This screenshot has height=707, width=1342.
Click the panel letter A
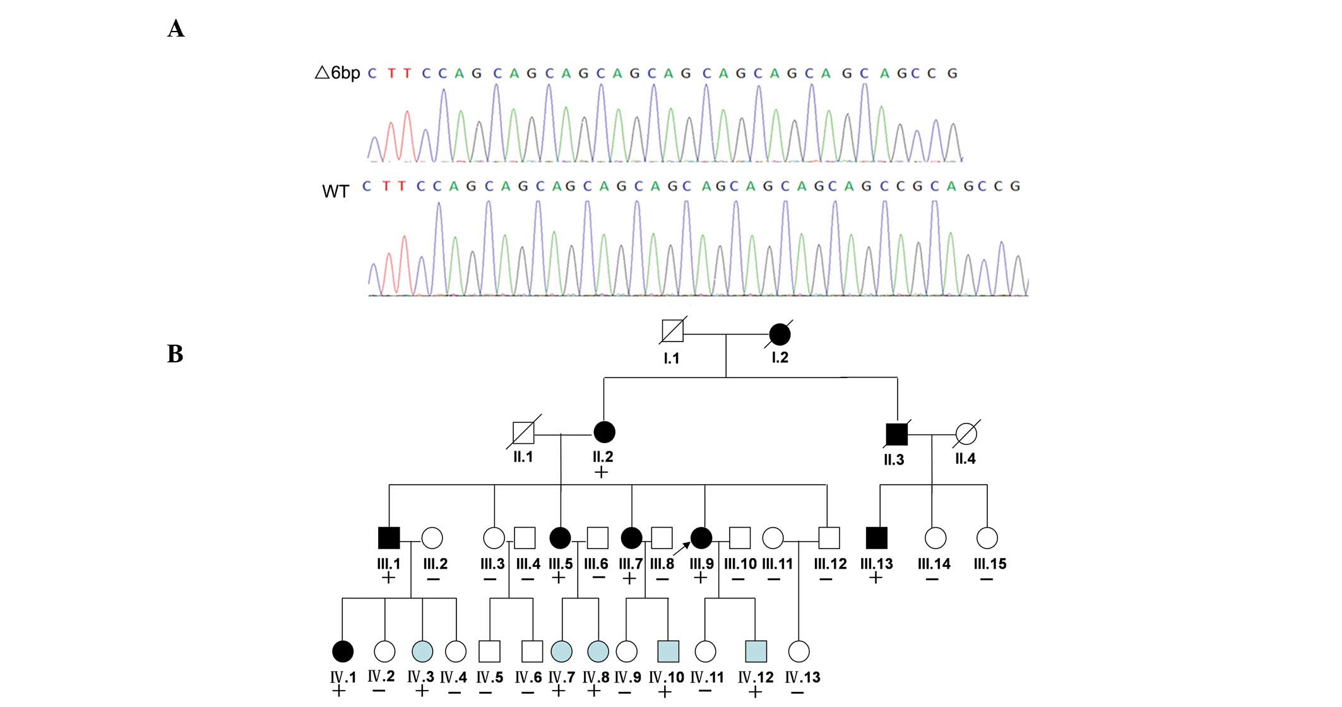click(x=176, y=29)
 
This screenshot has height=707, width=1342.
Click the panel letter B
click(x=175, y=354)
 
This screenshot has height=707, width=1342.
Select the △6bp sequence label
click(x=337, y=73)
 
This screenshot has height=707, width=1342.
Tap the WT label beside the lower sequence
click(x=335, y=191)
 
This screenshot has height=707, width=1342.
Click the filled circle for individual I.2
click(x=780, y=335)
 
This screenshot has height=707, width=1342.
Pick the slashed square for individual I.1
click(x=672, y=331)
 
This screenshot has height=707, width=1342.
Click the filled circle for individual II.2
click(x=604, y=432)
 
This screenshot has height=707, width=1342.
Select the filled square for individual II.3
click(x=896, y=434)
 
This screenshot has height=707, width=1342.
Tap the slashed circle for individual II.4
click(x=966, y=434)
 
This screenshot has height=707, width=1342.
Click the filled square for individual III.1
click(x=389, y=538)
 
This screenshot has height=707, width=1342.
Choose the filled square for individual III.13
click(x=876, y=538)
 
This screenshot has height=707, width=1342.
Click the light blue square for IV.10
click(x=668, y=651)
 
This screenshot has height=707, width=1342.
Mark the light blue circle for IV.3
click(x=422, y=651)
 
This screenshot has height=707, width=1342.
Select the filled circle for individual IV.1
click(x=342, y=651)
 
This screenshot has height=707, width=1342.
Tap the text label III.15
click(x=989, y=564)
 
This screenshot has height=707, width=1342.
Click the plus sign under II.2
click(x=602, y=472)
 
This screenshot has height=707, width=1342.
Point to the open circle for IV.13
click(x=799, y=651)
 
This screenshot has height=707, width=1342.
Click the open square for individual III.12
click(x=829, y=538)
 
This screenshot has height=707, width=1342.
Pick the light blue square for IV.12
click(x=756, y=651)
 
